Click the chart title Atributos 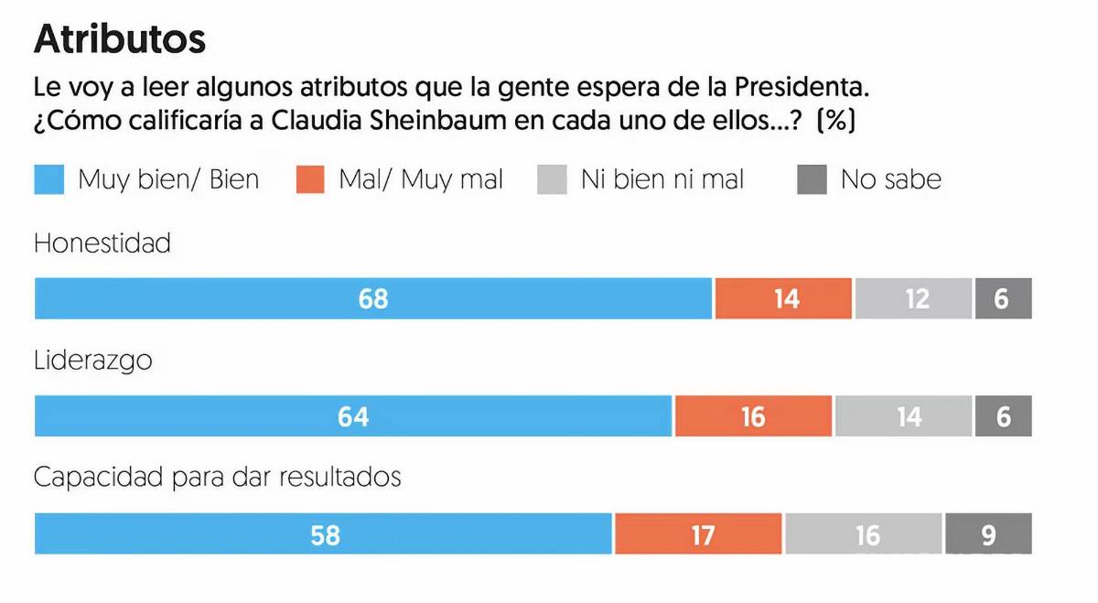tap(119, 39)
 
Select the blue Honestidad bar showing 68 tap(372, 298)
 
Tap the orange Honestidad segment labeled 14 tap(783, 298)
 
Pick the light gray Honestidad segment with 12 tap(913, 298)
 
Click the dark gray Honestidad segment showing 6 tap(1003, 298)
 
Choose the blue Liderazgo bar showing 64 tap(353, 416)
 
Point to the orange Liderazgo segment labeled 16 tap(753, 416)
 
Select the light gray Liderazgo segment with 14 tap(903, 416)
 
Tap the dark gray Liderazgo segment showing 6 tap(1003, 416)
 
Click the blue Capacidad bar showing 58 tap(323, 534)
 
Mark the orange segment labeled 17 tap(698, 534)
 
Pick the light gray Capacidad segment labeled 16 tap(863, 534)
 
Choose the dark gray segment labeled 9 tap(988, 534)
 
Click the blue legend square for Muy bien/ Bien tap(49, 179)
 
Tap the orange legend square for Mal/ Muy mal tap(311, 179)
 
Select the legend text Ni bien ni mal tap(662, 179)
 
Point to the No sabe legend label tap(890, 179)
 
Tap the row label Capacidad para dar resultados tap(218, 478)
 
